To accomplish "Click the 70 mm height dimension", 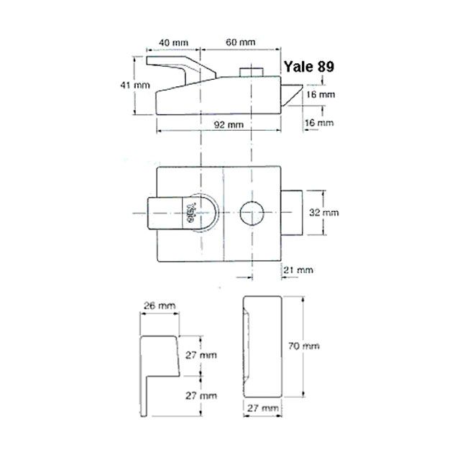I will (x=321, y=346).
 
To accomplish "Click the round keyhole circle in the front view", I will (x=252, y=213).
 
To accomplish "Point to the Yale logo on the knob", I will (x=190, y=213).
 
